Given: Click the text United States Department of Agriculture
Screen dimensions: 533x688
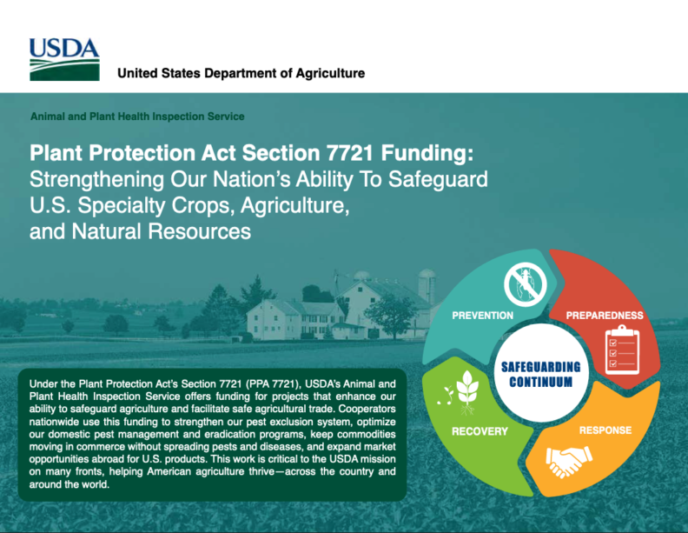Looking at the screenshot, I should tap(241, 73).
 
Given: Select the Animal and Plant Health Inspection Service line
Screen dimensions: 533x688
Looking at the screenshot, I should tap(137, 117).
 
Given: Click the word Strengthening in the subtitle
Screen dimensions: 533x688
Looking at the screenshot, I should tap(94, 181).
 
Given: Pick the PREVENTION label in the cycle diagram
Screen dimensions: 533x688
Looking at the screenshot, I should tap(483, 315).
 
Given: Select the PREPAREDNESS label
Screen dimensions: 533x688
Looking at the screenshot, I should tap(605, 315).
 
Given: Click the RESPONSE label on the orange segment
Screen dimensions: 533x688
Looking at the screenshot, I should tap(605, 430).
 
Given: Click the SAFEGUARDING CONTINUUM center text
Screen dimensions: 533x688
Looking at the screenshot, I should tap(540, 375).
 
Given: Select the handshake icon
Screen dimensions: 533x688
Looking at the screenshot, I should tap(570, 465).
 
